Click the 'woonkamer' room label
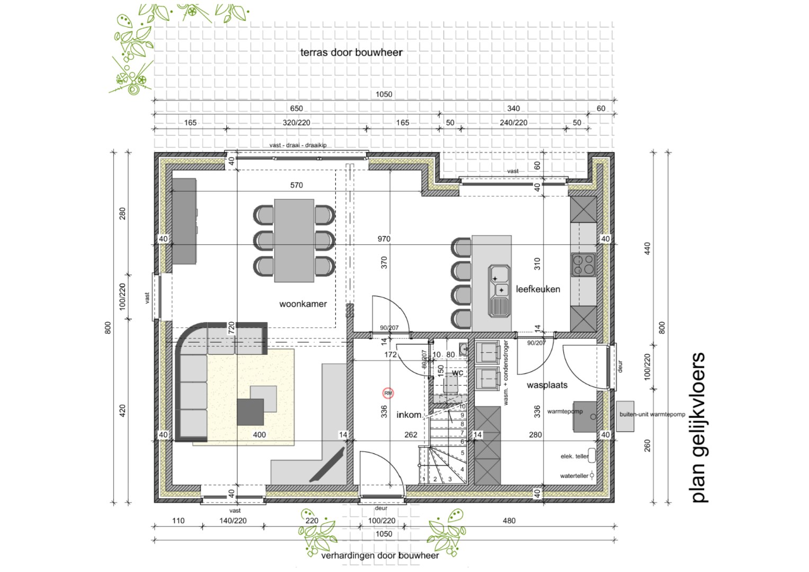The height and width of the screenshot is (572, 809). [303, 304]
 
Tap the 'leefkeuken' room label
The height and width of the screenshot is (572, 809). [538, 289]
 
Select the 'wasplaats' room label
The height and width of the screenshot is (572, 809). [547, 385]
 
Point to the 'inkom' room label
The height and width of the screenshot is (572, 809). [409, 415]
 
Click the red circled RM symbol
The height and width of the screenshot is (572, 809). [388, 393]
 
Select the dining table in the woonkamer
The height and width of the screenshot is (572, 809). [294, 240]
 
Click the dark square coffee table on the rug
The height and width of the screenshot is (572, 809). [250, 412]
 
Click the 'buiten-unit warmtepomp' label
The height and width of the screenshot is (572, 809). [652, 414]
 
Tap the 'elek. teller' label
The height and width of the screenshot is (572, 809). [574, 456]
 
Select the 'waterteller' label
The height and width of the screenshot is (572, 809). [574, 476]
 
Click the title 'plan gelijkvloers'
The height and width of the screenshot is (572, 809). [698, 427]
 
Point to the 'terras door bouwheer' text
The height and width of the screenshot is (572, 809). [351, 52]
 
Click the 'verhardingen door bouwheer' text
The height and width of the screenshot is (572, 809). [380, 556]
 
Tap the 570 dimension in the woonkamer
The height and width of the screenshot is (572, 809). [297, 185]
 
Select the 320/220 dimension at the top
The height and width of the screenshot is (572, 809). [296, 122]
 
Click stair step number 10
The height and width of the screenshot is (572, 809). [462, 407]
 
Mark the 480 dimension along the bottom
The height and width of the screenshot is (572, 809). [509, 521]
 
